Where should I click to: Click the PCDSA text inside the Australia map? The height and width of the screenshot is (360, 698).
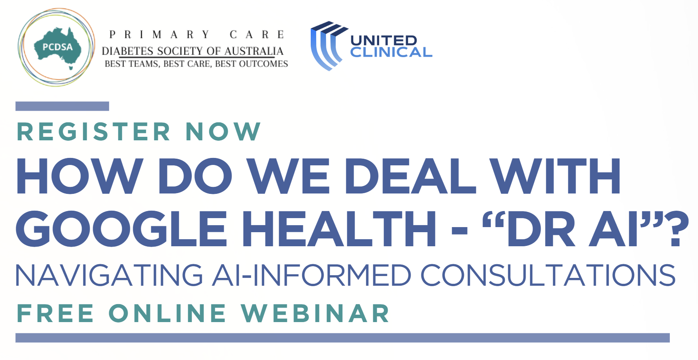57,47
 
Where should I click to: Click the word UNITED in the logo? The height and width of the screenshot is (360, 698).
384,40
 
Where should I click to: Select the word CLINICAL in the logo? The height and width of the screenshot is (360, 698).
391,52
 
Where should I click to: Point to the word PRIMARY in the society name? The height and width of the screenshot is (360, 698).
159,35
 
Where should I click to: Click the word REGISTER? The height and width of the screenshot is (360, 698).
94,131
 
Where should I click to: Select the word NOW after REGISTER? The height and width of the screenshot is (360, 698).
223,131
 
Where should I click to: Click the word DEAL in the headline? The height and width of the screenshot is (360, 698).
410,176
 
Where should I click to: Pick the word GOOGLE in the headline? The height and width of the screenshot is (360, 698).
122,229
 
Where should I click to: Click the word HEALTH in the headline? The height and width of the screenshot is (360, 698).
339,229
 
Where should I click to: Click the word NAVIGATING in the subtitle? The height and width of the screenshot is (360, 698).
109,275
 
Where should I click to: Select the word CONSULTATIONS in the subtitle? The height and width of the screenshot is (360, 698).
548,275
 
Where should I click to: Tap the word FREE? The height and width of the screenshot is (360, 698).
55,313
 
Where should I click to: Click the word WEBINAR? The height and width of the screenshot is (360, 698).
315,313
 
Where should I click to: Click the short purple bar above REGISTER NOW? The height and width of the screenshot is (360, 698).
62,106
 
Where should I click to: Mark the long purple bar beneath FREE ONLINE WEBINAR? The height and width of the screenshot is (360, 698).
342,338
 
